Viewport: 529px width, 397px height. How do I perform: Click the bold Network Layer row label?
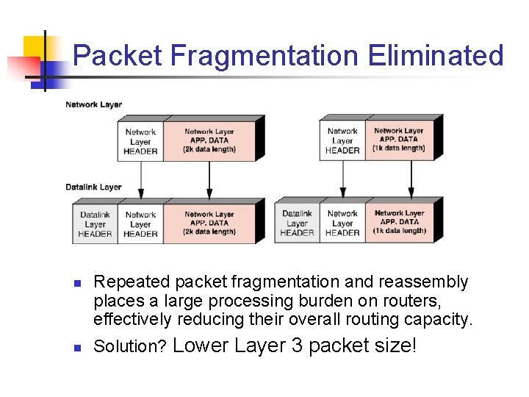coord(93,104)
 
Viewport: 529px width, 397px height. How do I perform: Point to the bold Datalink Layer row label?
coord(93,187)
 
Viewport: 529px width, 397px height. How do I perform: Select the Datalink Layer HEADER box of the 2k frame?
coord(96,224)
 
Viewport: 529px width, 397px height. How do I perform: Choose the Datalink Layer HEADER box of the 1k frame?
coord(298,223)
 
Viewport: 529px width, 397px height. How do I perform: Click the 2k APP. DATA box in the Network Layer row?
coord(209,141)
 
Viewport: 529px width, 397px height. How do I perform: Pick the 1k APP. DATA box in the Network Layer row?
coord(398,140)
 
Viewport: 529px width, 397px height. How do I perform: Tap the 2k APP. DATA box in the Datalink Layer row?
coord(209,223)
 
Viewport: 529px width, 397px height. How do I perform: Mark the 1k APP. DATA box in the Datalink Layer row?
coord(399,222)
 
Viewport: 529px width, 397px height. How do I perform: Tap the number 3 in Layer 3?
coord(297,345)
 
